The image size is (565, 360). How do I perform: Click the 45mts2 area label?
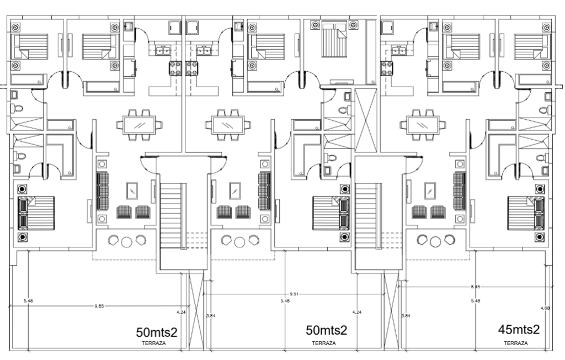[518, 330]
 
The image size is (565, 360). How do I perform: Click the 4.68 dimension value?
[545, 308]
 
